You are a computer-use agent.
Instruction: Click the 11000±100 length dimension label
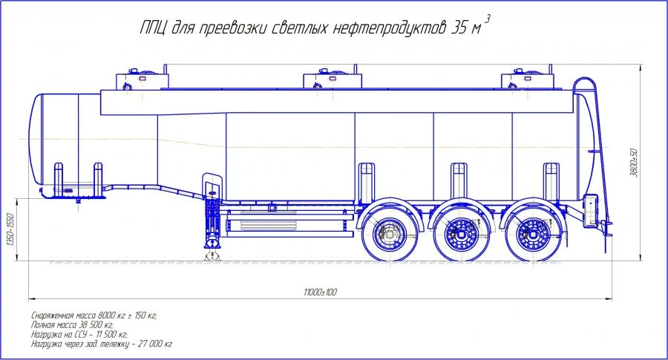(321, 292)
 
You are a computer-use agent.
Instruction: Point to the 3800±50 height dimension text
(634, 163)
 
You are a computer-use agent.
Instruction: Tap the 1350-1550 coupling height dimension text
(10, 229)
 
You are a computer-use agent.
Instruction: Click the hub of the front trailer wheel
(390, 234)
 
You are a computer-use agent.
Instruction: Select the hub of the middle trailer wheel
(461, 234)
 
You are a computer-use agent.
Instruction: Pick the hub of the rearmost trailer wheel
(532, 234)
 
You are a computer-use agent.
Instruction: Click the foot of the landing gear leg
(212, 255)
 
